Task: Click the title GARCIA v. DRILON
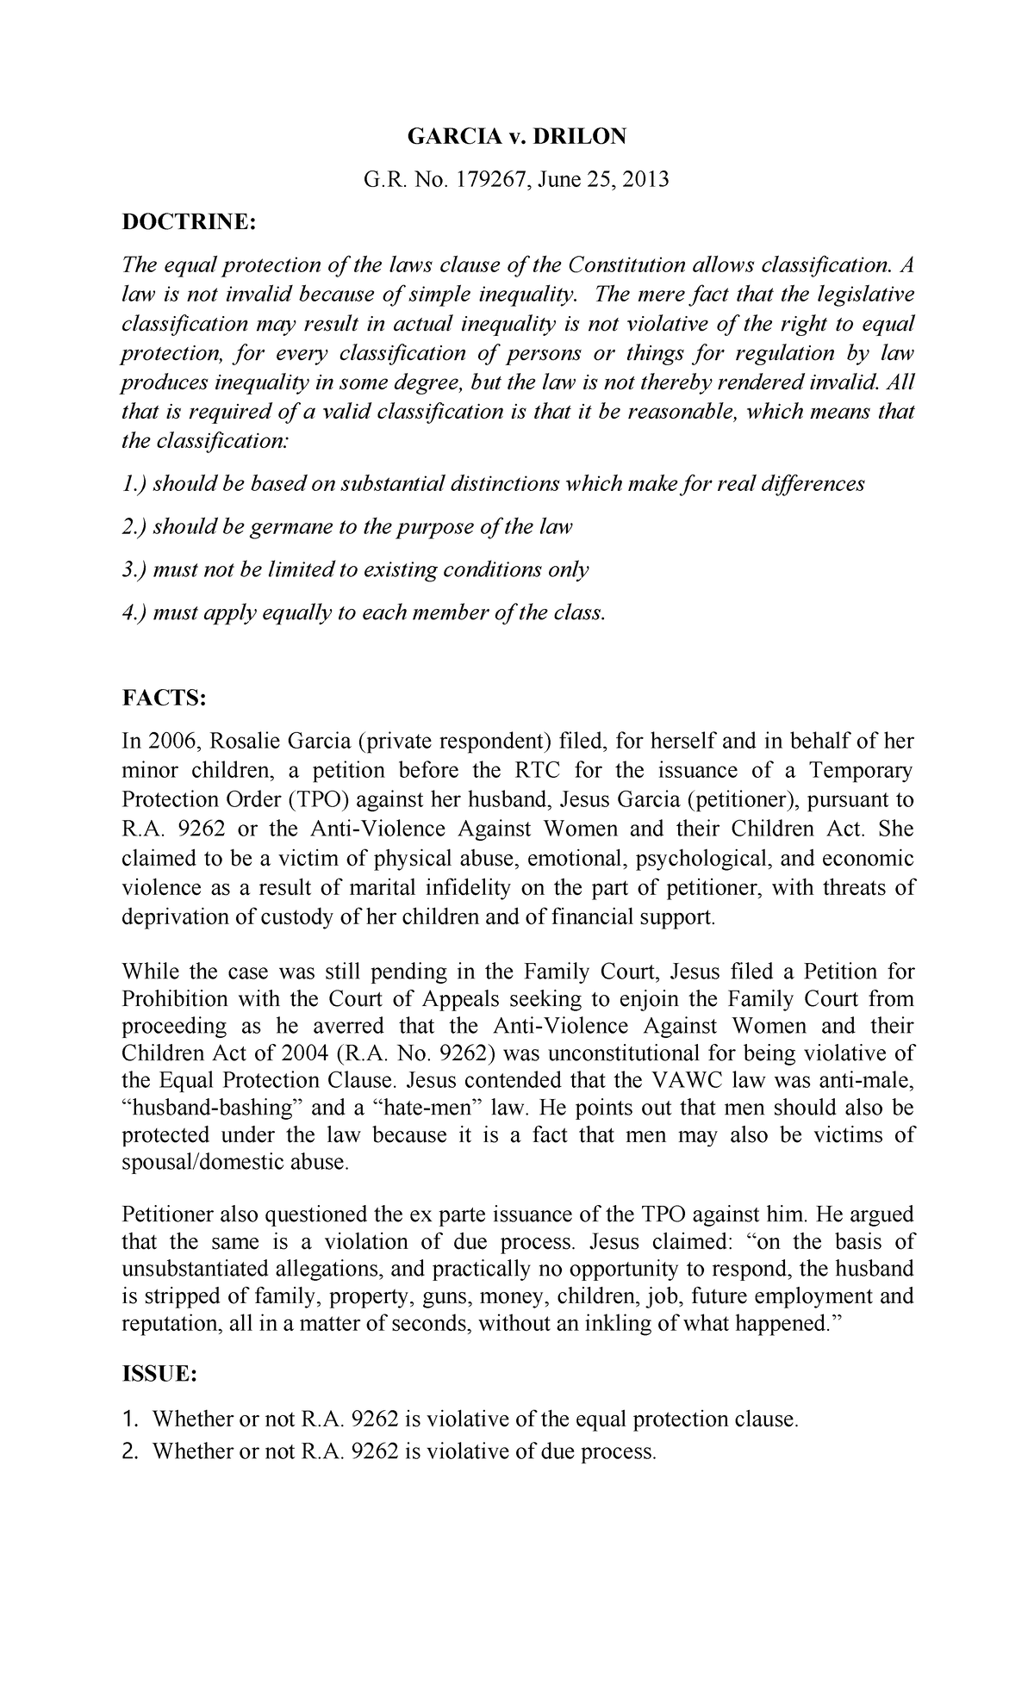pyautogui.click(x=517, y=137)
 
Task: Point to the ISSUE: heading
pyautogui.click(x=160, y=1376)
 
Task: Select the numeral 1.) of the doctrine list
pyautogui.click(x=134, y=483)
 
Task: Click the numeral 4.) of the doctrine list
pyautogui.click(x=134, y=612)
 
